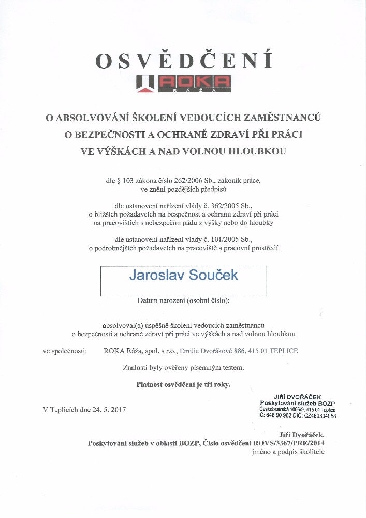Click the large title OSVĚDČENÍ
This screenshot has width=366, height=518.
184,61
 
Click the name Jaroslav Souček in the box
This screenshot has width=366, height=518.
183,275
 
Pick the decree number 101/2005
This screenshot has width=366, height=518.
238,239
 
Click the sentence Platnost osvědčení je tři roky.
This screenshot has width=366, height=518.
183,384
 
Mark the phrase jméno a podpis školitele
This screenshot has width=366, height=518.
288,452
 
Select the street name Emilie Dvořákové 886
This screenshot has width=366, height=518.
212,351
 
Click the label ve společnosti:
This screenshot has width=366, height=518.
65,351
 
